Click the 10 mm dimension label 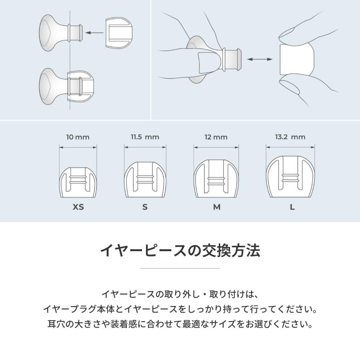78,137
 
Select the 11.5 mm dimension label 145,137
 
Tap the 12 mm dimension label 216,137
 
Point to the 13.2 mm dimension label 290,137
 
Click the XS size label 78,207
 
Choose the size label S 145,207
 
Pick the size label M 216,207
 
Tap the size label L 292,207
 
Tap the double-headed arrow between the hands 259,59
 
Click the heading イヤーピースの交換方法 180,251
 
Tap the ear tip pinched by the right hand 296,60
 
